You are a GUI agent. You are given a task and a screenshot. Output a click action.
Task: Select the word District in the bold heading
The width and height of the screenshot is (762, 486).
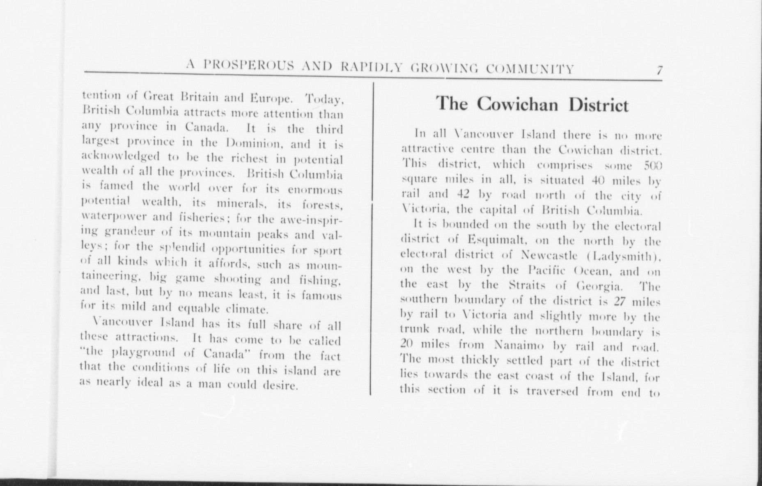pyautogui.click(x=599, y=105)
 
